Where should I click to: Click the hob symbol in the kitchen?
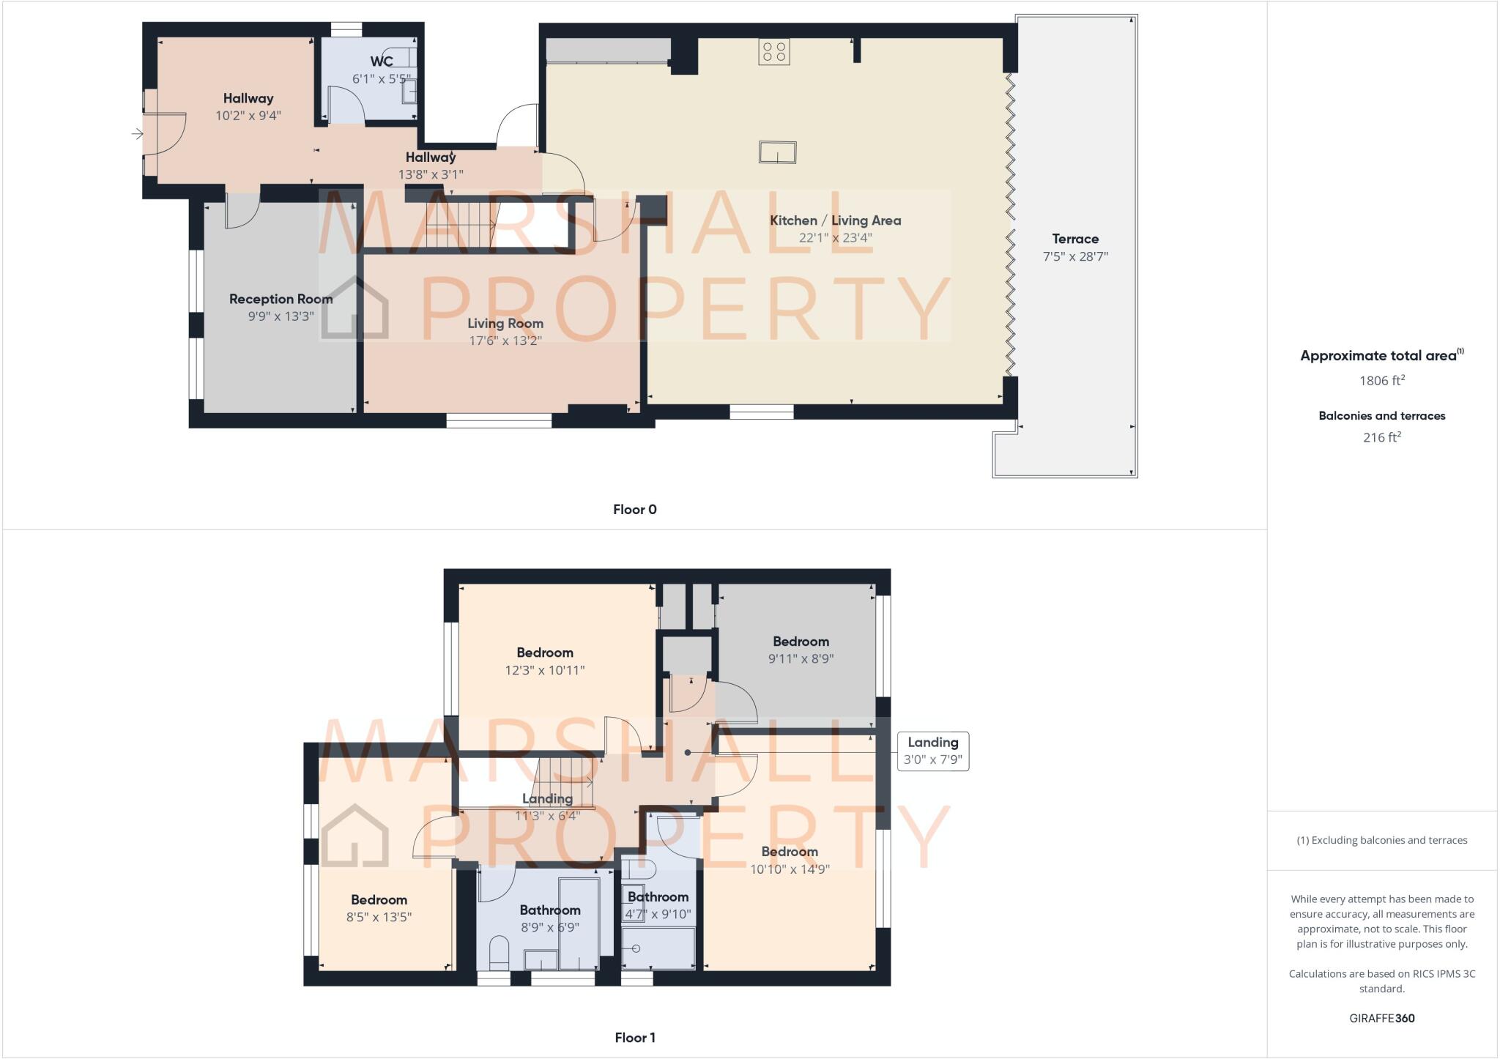(x=774, y=51)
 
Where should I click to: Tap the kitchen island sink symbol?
(x=777, y=152)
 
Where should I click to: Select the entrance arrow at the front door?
(x=137, y=133)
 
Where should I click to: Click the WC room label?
(x=382, y=62)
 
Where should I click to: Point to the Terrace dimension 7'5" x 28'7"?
(x=1075, y=256)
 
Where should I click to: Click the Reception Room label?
(x=281, y=299)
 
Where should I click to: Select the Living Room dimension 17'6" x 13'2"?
(x=505, y=341)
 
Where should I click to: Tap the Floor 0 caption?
(x=634, y=510)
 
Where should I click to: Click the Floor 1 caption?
(x=634, y=1038)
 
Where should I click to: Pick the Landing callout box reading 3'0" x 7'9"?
(x=932, y=751)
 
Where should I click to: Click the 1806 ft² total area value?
(x=1381, y=380)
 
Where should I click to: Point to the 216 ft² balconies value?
(x=1381, y=437)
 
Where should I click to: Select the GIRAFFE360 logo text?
(x=1381, y=1018)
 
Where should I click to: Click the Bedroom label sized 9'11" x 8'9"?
(x=801, y=642)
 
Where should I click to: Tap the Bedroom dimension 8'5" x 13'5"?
(x=379, y=917)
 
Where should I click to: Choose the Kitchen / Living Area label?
(x=835, y=220)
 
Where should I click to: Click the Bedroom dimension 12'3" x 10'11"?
(x=544, y=670)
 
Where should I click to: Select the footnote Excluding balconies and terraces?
(x=1381, y=840)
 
